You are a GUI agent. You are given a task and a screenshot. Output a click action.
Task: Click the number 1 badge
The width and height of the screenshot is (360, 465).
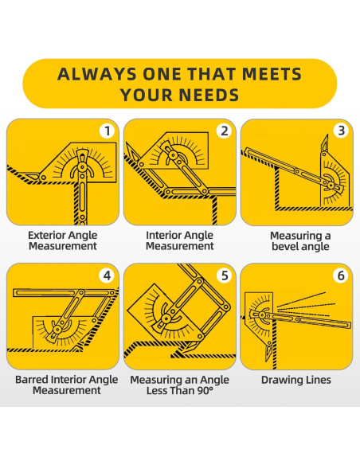click(x=108, y=131)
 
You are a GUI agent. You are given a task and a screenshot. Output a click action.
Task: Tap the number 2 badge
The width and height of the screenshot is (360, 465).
click(x=225, y=131)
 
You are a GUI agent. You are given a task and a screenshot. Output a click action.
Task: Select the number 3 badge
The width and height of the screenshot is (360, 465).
click(x=342, y=131)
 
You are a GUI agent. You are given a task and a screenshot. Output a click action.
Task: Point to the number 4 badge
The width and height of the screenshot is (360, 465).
click(x=107, y=275)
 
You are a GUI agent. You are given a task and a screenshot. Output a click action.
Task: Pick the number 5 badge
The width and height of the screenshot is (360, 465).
click(x=225, y=275)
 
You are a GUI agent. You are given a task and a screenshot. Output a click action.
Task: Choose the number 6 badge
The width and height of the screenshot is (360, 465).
click(x=341, y=275)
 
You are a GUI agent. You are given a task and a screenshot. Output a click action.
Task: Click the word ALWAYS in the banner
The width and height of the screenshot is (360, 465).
click(x=97, y=74)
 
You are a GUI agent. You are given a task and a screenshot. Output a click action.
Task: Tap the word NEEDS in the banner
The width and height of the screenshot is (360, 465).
click(x=209, y=95)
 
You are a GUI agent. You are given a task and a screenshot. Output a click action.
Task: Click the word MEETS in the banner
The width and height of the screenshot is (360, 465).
click(x=272, y=74)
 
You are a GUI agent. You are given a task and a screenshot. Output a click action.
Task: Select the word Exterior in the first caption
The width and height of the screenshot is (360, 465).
click(x=45, y=235)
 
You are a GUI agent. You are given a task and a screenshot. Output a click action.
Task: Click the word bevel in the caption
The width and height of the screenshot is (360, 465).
click(x=284, y=247)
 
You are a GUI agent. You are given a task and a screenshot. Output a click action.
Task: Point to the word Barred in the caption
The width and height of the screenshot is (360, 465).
click(x=32, y=380)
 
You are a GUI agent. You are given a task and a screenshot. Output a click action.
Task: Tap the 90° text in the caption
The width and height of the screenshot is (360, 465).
click(x=205, y=391)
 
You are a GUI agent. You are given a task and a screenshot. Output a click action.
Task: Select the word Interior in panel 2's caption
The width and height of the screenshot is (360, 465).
click(x=162, y=235)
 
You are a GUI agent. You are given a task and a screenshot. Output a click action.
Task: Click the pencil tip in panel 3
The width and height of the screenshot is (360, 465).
click(x=327, y=135)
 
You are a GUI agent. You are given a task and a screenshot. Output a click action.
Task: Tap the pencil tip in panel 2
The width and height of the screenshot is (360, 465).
click(x=126, y=143)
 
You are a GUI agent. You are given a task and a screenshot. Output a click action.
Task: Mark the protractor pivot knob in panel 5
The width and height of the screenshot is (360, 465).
click(x=166, y=319)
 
